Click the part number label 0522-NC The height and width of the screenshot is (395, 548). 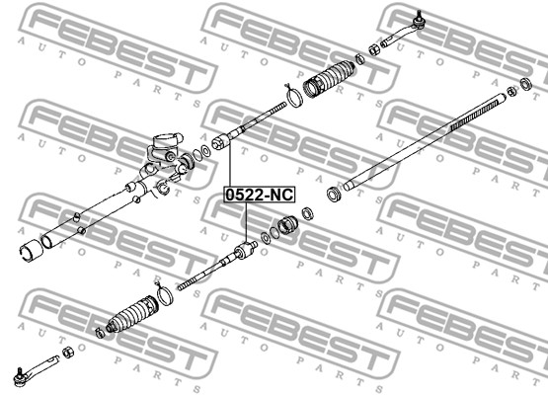tap(260, 195)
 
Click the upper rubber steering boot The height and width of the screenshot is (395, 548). tap(329, 79)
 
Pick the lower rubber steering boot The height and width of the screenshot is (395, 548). tap(132, 314)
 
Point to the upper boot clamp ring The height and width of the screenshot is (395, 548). tap(295, 97)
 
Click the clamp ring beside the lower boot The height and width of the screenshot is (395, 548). tap(164, 294)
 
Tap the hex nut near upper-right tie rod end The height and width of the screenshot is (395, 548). tap(373, 50)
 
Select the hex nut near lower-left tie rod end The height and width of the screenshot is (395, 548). tap(68, 352)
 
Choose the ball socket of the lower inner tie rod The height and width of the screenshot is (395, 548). tap(245, 250)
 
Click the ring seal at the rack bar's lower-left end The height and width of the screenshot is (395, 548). tap(335, 194)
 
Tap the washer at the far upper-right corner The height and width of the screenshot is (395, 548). tap(526, 84)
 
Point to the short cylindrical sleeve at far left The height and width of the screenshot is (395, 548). tap(32, 250)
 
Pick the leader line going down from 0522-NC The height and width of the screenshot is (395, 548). tap(246, 222)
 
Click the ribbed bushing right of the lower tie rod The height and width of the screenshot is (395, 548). tap(287, 225)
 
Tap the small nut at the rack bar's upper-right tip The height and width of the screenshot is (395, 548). tap(511, 92)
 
